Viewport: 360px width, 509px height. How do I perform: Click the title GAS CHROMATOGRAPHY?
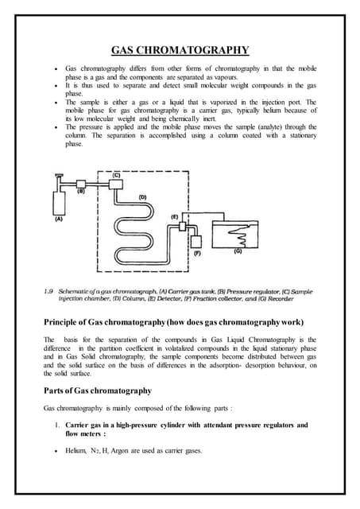click(180, 51)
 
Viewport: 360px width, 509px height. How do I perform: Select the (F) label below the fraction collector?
click(198, 254)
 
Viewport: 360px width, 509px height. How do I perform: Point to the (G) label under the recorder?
click(238, 253)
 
